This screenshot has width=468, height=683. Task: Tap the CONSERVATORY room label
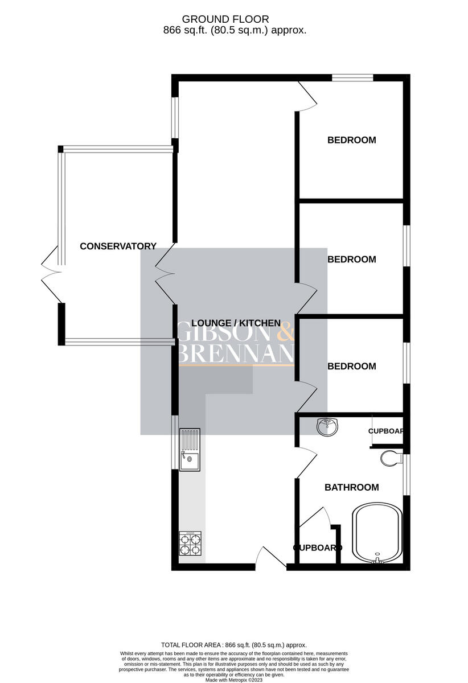coord(118,246)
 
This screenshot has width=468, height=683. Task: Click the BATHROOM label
coord(351,487)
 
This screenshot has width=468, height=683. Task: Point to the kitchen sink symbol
coord(190,450)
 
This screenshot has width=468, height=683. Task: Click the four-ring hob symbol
coord(190,544)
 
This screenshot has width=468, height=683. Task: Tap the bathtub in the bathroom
coord(377,533)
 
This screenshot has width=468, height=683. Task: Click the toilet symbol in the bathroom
coord(391,458)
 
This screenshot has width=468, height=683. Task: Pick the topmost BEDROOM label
coord(351,140)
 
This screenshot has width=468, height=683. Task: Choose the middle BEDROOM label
coord(351,260)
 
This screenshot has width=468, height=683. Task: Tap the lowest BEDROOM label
coord(351,367)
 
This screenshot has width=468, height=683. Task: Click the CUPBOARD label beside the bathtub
coord(318,548)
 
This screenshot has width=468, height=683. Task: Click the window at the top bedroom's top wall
coord(352,77)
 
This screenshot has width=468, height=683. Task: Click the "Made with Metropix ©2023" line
coord(233,680)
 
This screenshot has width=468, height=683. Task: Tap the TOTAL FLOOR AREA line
coord(233,645)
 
